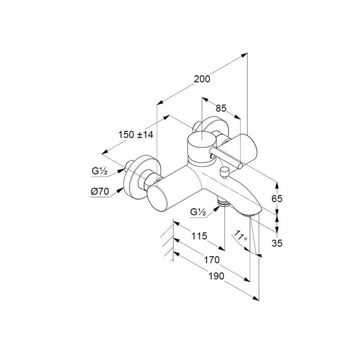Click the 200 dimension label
click(202, 79)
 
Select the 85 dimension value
click(220, 108)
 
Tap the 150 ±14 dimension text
click(135, 134)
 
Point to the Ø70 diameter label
click(100, 191)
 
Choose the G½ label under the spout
click(198, 211)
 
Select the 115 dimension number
click(198, 236)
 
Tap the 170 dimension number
click(211, 260)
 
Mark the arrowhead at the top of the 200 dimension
click(245, 54)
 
